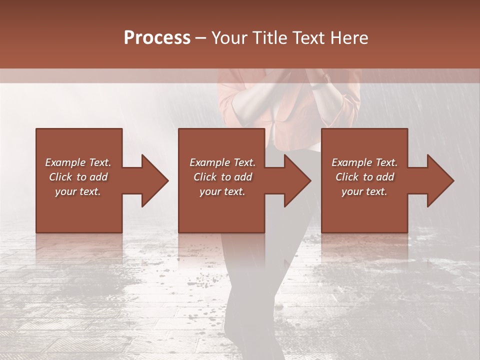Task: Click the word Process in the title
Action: [x=157, y=37]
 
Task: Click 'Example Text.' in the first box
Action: [x=78, y=162]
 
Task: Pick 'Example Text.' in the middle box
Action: [x=222, y=162]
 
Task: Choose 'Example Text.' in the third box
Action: [x=364, y=162]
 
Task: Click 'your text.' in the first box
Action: [x=78, y=191]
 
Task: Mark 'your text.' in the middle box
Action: [x=222, y=191]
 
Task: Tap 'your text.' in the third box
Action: [x=364, y=191]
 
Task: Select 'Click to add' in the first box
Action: [x=78, y=177]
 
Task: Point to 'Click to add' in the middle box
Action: [x=222, y=177]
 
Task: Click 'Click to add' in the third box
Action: [x=364, y=177]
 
